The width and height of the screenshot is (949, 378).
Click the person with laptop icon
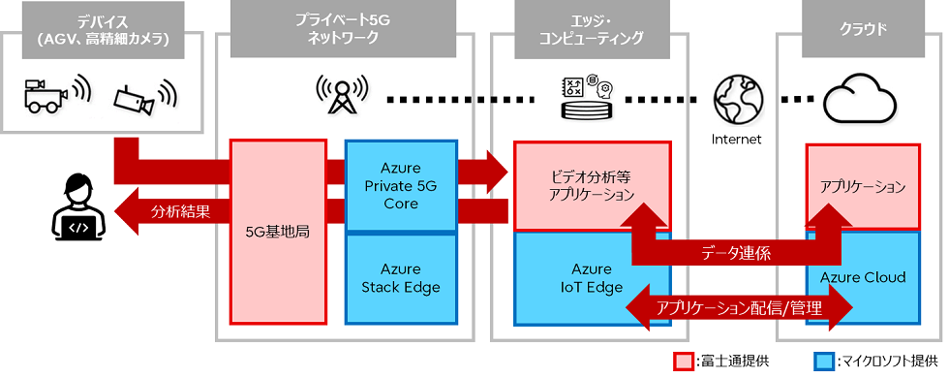click(76, 208)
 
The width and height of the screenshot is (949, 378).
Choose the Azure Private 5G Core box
click(401, 186)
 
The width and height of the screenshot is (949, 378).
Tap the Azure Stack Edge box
click(401, 277)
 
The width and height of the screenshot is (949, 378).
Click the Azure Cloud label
click(862, 278)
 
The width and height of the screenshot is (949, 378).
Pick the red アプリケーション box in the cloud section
click(862, 186)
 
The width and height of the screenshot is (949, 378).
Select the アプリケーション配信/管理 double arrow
click(739, 308)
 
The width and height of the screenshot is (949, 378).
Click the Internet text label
click(736, 139)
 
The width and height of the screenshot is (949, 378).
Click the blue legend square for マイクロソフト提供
click(826, 361)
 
